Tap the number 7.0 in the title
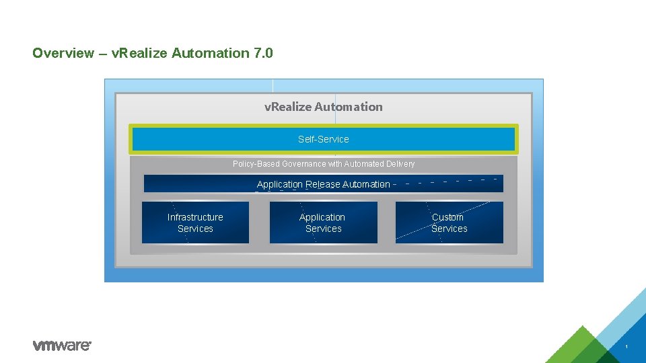[x=264, y=53]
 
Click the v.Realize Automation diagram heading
[x=323, y=107]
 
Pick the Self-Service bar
[x=323, y=139]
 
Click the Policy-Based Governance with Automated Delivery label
[x=323, y=164]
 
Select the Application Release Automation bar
[x=323, y=184]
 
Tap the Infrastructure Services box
[x=195, y=223]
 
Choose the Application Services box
[x=323, y=223]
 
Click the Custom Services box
[x=449, y=223]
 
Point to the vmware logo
[x=61, y=346]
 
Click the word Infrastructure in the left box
[x=195, y=217]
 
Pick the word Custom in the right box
[x=447, y=217]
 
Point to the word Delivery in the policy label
[x=398, y=164]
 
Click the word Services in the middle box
[x=323, y=229]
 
